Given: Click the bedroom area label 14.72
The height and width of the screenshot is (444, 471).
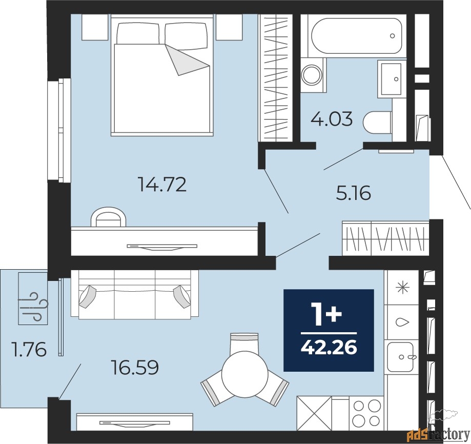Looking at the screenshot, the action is tap(162, 185).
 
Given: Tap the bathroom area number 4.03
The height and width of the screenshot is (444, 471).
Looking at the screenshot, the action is tap(332, 119).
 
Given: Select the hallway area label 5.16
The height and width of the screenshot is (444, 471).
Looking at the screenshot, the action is tap(354, 193).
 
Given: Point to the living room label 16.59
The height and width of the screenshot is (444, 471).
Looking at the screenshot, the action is tap(134, 367).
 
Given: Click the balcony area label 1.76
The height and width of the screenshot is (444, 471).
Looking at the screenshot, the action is tap(29, 350).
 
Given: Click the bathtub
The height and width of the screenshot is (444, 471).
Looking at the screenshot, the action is tap(357, 36).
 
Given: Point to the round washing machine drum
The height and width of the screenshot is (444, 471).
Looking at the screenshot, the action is tap(312, 75).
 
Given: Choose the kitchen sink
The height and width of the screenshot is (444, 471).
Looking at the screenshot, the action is tap(400, 356).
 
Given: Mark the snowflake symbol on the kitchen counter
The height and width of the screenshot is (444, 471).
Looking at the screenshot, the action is tap(402, 288).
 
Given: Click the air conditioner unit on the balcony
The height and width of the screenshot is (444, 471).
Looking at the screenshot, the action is tap(33, 298).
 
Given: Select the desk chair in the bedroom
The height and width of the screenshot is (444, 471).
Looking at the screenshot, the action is tap(109, 216).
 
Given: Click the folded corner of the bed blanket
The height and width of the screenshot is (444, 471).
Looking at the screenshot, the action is tap(186, 60).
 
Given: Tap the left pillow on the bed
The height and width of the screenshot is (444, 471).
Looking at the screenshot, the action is tap(138, 33).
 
